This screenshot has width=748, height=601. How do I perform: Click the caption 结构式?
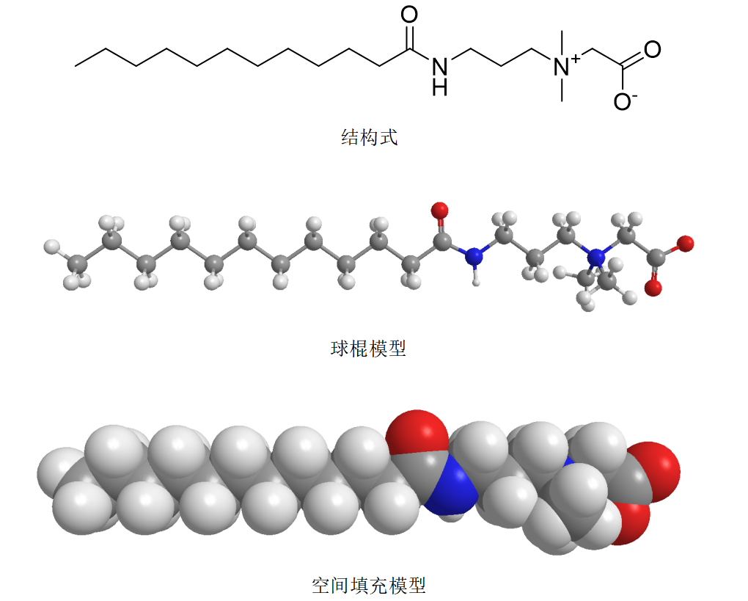click(x=369, y=137)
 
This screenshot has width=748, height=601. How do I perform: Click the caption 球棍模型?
click(x=369, y=348)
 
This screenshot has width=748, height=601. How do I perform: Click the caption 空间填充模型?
click(x=369, y=585)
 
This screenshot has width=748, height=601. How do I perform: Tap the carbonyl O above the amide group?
click(x=409, y=15)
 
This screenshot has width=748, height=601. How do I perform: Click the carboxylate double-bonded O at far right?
click(x=652, y=50)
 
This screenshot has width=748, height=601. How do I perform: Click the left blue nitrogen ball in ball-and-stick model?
click(x=476, y=256)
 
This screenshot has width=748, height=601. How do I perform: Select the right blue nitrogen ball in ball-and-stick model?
click(x=598, y=258)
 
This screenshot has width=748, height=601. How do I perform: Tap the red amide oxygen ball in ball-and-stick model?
click(x=440, y=211)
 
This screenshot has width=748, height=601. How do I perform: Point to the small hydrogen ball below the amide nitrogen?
click(x=478, y=279)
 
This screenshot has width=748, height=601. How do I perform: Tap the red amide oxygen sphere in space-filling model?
click(x=417, y=432)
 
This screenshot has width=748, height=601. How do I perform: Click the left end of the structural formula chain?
click(x=76, y=65)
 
